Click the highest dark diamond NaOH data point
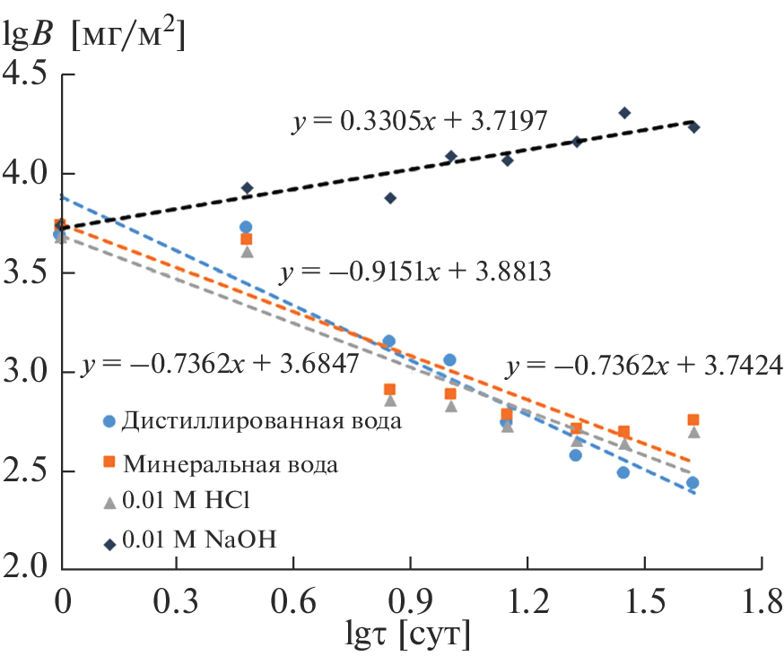(x=624, y=113)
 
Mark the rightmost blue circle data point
(x=693, y=483)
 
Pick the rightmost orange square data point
(x=693, y=419)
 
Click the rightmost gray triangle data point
(x=693, y=432)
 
